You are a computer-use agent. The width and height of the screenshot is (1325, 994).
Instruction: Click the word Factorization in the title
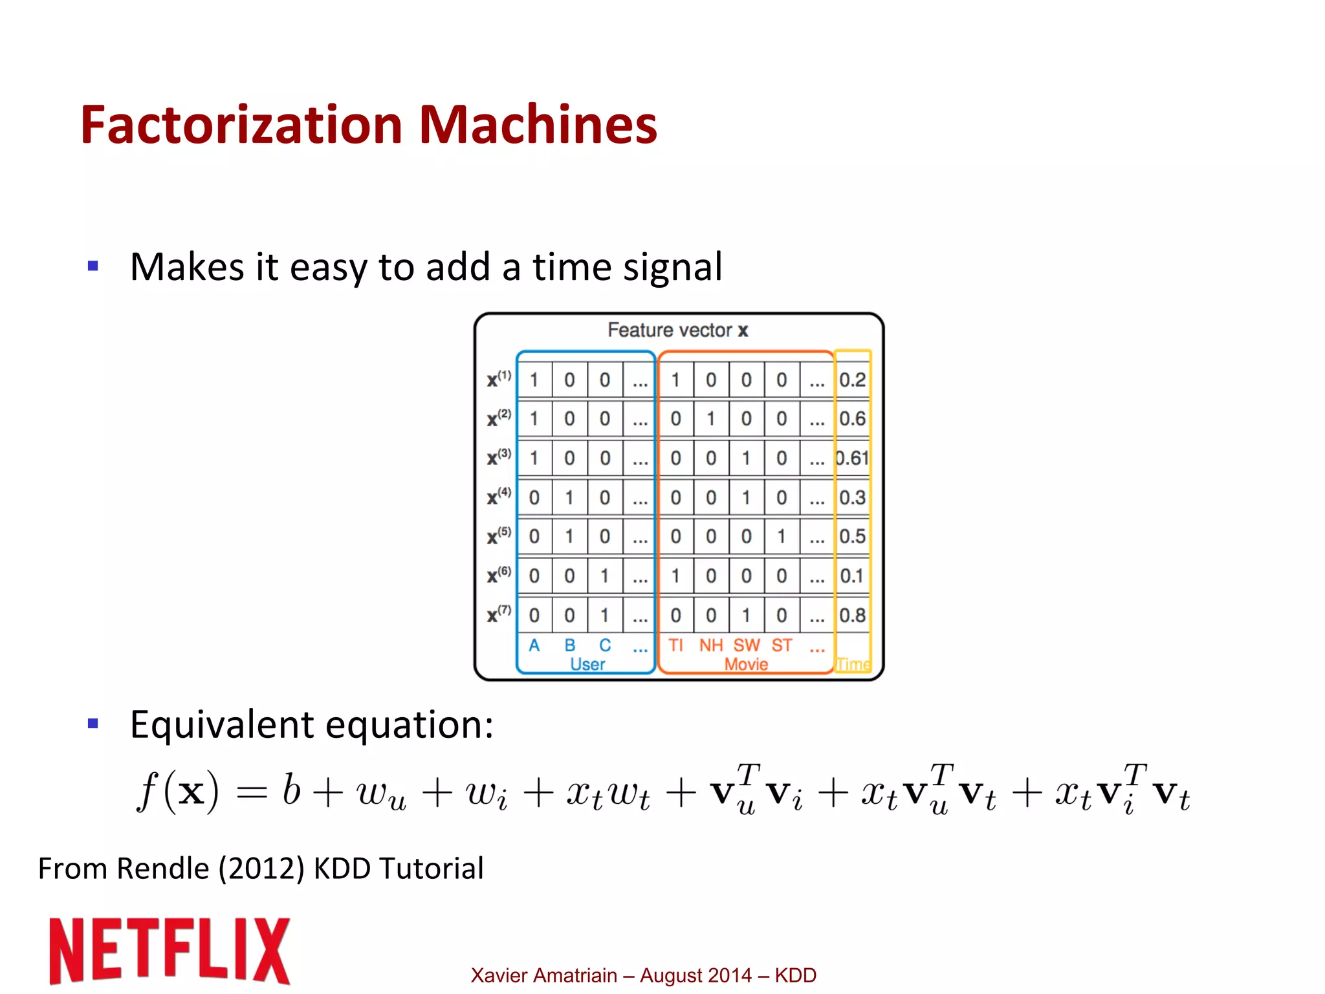point(242,124)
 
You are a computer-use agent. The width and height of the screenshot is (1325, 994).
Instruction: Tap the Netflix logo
point(170,950)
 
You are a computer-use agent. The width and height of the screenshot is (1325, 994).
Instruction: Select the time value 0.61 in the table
point(851,459)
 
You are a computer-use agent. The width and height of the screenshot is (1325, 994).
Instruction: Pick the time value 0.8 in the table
point(852,615)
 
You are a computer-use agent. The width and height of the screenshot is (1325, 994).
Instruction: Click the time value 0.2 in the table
point(852,380)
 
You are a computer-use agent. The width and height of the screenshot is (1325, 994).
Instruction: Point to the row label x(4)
point(499,497)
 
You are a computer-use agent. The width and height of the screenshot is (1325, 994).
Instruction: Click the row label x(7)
point(499,614)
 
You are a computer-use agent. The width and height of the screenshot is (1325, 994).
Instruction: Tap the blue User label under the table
point(587,664)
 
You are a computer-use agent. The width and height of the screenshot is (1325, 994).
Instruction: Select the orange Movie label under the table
point(746,664)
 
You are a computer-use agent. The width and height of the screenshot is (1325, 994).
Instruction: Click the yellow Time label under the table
point(853,664)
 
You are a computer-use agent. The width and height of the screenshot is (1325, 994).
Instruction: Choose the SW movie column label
point(746,645)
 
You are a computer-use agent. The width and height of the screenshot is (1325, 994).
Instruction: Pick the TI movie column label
point(675,645)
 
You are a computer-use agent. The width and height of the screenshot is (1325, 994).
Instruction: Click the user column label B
point(569,645)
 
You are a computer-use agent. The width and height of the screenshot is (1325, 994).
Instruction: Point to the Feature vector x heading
point(677,330)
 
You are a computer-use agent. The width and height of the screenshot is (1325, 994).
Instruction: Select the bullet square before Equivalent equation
point(93,723)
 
